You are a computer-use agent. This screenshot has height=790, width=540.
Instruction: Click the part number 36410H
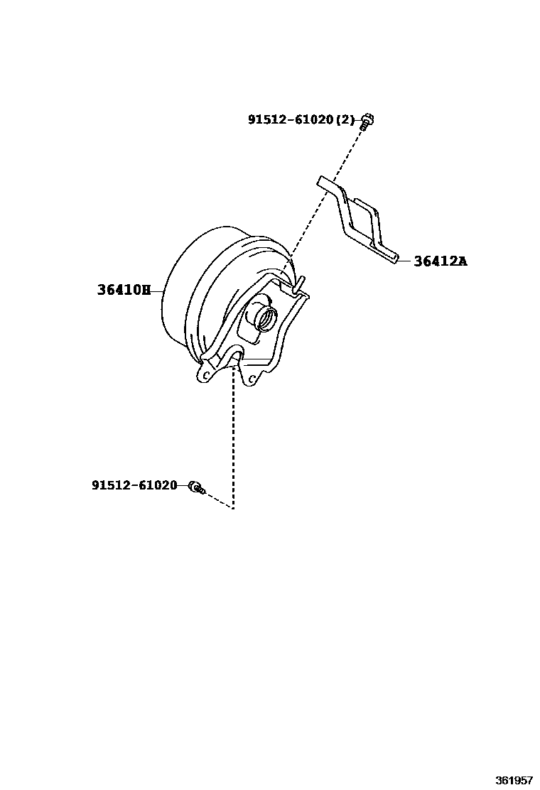[x=124, y=290]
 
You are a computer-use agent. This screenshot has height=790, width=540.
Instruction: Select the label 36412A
[x=441, y=261]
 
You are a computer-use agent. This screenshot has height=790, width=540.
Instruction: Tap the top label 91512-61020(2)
[x=301, y=120]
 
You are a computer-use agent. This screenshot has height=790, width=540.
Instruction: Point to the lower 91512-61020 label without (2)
[x=134, y=486]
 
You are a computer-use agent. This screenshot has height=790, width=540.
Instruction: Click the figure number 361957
[x=514, y=780]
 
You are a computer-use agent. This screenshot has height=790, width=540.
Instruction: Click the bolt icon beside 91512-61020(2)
[x=367, y=121]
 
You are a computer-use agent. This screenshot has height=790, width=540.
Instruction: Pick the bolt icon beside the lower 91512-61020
[x=195, y=487]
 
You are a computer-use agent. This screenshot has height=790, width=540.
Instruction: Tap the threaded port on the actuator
[x=266, y=317]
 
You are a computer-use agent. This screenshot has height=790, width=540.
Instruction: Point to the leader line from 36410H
[x=158, y=290]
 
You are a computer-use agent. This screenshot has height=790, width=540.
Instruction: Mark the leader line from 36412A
[x=406, y=261]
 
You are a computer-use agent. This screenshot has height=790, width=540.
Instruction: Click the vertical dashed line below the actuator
[x=233, y=440]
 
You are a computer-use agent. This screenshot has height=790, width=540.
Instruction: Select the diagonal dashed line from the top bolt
[x=327, y=199]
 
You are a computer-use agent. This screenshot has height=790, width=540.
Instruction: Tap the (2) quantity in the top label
[x=345, y=120]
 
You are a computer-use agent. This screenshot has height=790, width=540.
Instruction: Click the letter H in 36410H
[x=146, y=290]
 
